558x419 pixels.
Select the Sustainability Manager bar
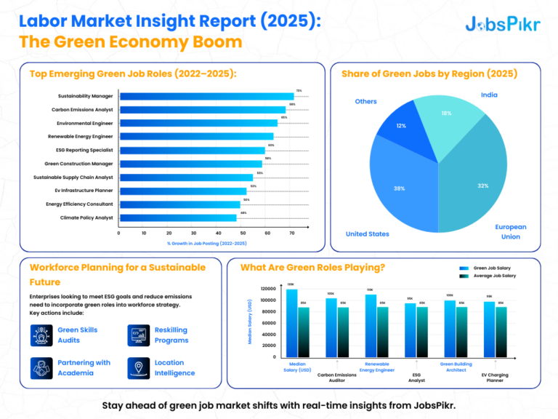point(206,96)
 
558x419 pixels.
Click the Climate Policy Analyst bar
point(178,218)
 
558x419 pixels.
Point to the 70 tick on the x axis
point(292,233)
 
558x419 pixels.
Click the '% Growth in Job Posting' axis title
point(207,243)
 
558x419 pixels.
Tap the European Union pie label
point(511,231)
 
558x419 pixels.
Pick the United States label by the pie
point(368,234)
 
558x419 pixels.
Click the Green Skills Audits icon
point(41,335)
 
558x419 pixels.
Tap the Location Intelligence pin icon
point(138,368)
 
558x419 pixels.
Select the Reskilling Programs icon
point(138,335)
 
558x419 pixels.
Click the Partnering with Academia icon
point(41,368)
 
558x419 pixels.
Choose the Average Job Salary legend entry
point(489,276)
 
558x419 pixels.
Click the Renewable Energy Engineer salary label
point(380,366)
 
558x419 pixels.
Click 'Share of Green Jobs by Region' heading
point(418,73)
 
